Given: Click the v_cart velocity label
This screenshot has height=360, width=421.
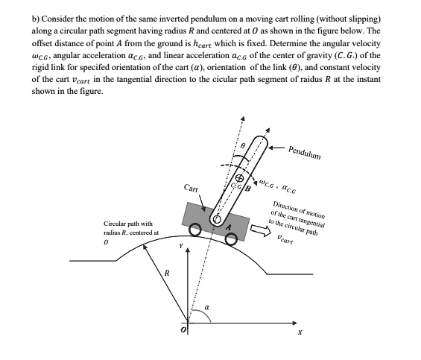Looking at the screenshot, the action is tap(284, 241).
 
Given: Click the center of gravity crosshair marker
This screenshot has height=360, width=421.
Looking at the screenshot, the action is tap(240, 180).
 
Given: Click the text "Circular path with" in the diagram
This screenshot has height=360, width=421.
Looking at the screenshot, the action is tap(128, 224).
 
